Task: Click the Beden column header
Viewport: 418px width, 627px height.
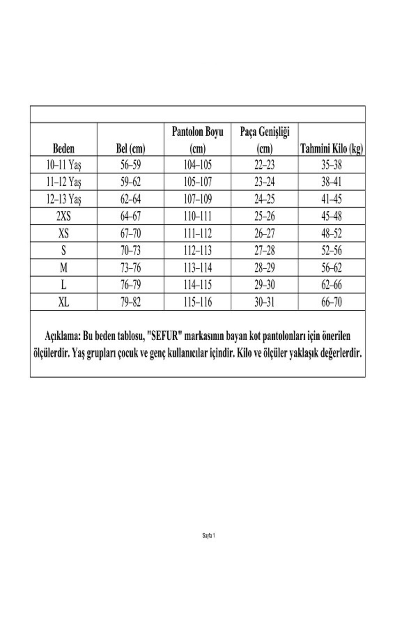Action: pyautogui.click(x=64, y=149)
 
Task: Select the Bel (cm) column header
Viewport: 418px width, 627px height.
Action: pyautogui.click(x=130, y=149)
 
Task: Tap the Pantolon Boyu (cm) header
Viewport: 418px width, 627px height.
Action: pyautogui.click(x=198, y=140)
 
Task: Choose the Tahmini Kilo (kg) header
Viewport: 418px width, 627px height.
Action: pyautogui.click(x=332, y=149)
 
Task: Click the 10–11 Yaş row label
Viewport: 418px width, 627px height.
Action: pyautogui.click(x=64, y=165)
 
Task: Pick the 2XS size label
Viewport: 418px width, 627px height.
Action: pyautogui.click(x=64, y=216)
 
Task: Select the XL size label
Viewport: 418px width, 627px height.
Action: pyautogui.click(x=64, y=302)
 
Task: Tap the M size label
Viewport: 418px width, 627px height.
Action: pyautogui.click(x=64, y=268)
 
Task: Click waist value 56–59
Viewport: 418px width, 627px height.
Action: pyautogui.click(x=131, y=165)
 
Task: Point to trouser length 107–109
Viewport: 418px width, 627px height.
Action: pyautogui.click(x=198, y=199)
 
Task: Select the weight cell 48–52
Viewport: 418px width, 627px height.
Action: pyautogui.click(x=332, y=233)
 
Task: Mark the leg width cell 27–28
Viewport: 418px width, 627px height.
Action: pyautogui.click(x=264, y=250)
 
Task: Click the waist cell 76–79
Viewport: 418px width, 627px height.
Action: pyautogui.click(x=131, y=285)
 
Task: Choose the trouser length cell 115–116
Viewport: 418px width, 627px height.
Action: pyautogui.click(x=198, y=302)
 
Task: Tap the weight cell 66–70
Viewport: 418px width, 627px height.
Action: pyautogui.click(x=332, y=302)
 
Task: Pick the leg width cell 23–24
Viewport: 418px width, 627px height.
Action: pyautogui.click(x=264, y=182)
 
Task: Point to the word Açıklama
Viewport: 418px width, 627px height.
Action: pyautogui.click(x=63, y=336)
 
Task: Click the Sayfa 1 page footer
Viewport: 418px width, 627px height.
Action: pyautogui.click(x=209, y=536)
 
